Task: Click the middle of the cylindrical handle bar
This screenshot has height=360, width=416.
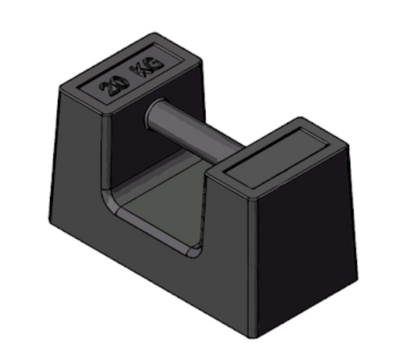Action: pyautogui.click(x=195, y=133)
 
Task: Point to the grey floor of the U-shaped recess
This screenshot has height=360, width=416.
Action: pyautogui.click(x=168, y=211)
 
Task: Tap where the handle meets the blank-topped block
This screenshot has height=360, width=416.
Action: pyautogui.click(x=238, y=153)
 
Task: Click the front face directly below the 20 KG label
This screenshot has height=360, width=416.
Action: pyautogui.click(x=78, y=156)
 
